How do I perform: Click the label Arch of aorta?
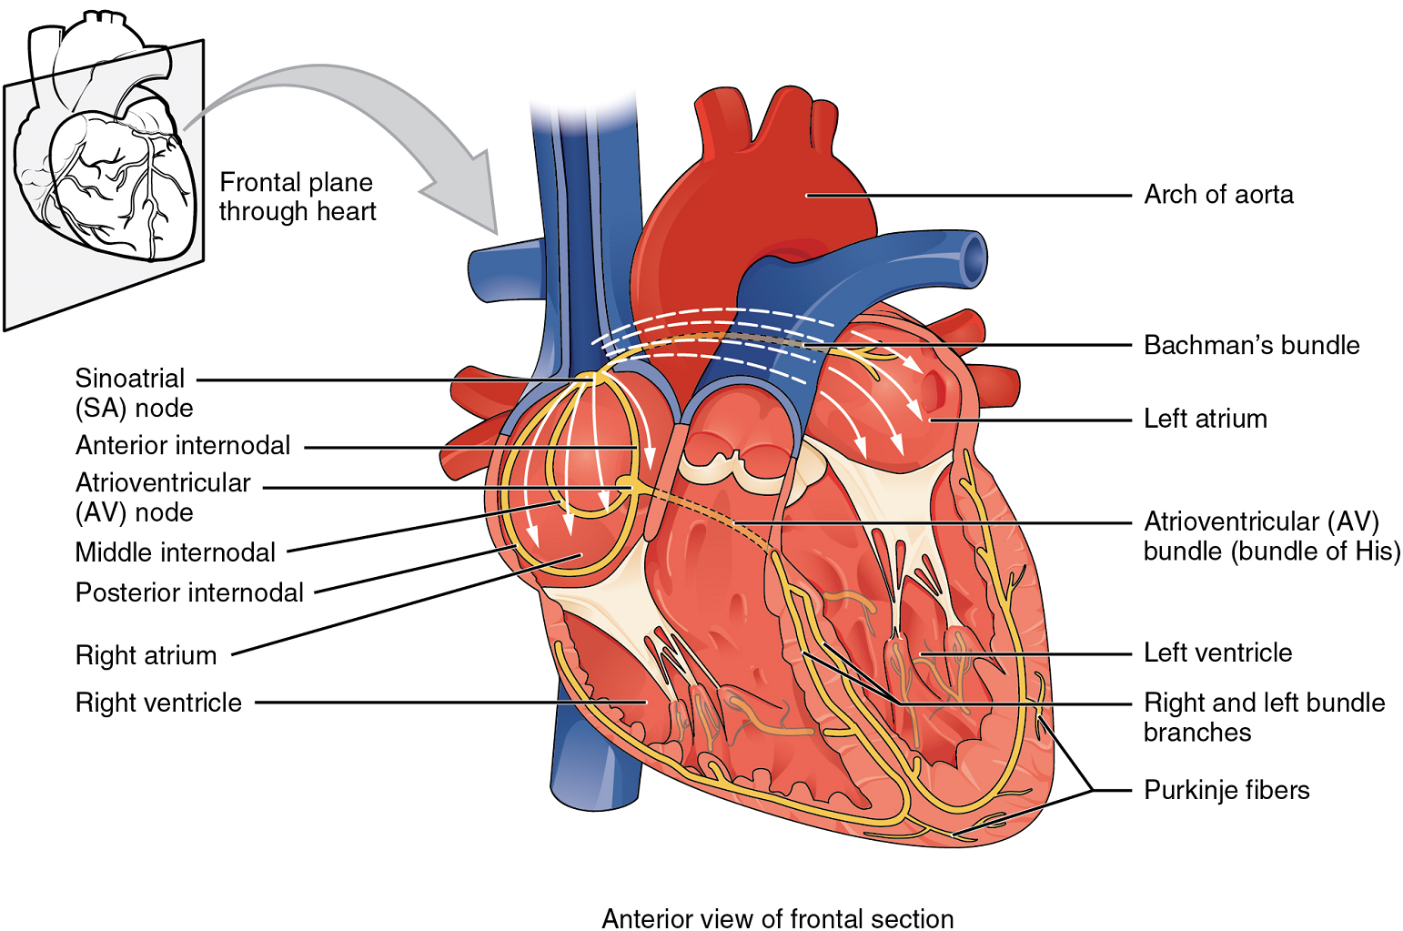(x=1218, y=195)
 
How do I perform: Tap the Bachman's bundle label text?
(x=1251, y=345)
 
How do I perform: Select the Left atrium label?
(x=1205, y=419)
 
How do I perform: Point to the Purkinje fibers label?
(x=1226, y=790)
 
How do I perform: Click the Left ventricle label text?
(x=1217, y=653)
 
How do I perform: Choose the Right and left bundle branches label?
(x=1264, y=717)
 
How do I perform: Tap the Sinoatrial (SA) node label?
(x=134, y=393)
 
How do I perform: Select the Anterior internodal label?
(x=182, y=445)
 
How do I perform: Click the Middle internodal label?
(x=175, y=552)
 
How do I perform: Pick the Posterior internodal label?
(x=189, y=592)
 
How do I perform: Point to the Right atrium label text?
(x=146, y=655)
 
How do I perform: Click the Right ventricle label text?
(x=157, y=703)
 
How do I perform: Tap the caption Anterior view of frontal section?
(x=777, y=919)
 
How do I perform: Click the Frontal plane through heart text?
(x=297, y=197)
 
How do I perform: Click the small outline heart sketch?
(x=106, y=135)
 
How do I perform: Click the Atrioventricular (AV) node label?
(x=162, y=498)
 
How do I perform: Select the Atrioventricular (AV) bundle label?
(x=1271, y=536)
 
